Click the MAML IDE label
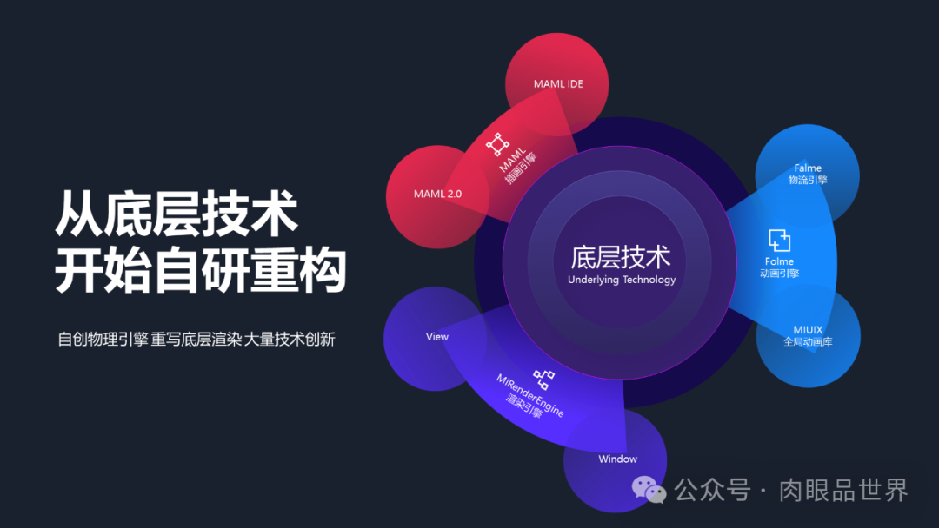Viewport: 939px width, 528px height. [558, 84]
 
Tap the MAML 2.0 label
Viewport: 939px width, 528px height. [437, 194]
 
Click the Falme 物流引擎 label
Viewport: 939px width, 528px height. [808, 174]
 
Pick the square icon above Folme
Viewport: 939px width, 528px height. [779, 240]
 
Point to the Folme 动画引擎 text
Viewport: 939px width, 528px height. [779, 267]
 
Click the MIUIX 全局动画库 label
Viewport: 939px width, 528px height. [808, 335]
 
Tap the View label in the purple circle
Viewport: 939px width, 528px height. [436, 336]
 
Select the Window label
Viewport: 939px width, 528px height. [617, 459]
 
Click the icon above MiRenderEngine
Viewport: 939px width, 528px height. [544, 378]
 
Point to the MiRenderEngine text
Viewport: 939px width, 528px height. [530, 395]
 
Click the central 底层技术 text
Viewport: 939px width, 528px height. [621, 257]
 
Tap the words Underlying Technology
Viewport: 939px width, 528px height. [621, 280]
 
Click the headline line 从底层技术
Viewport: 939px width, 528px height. [177, 214]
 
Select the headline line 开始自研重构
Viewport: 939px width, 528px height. [201, 271]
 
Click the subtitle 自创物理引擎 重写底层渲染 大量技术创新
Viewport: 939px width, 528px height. [196, 339]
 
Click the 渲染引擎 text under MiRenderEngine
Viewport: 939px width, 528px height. [523, 406]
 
